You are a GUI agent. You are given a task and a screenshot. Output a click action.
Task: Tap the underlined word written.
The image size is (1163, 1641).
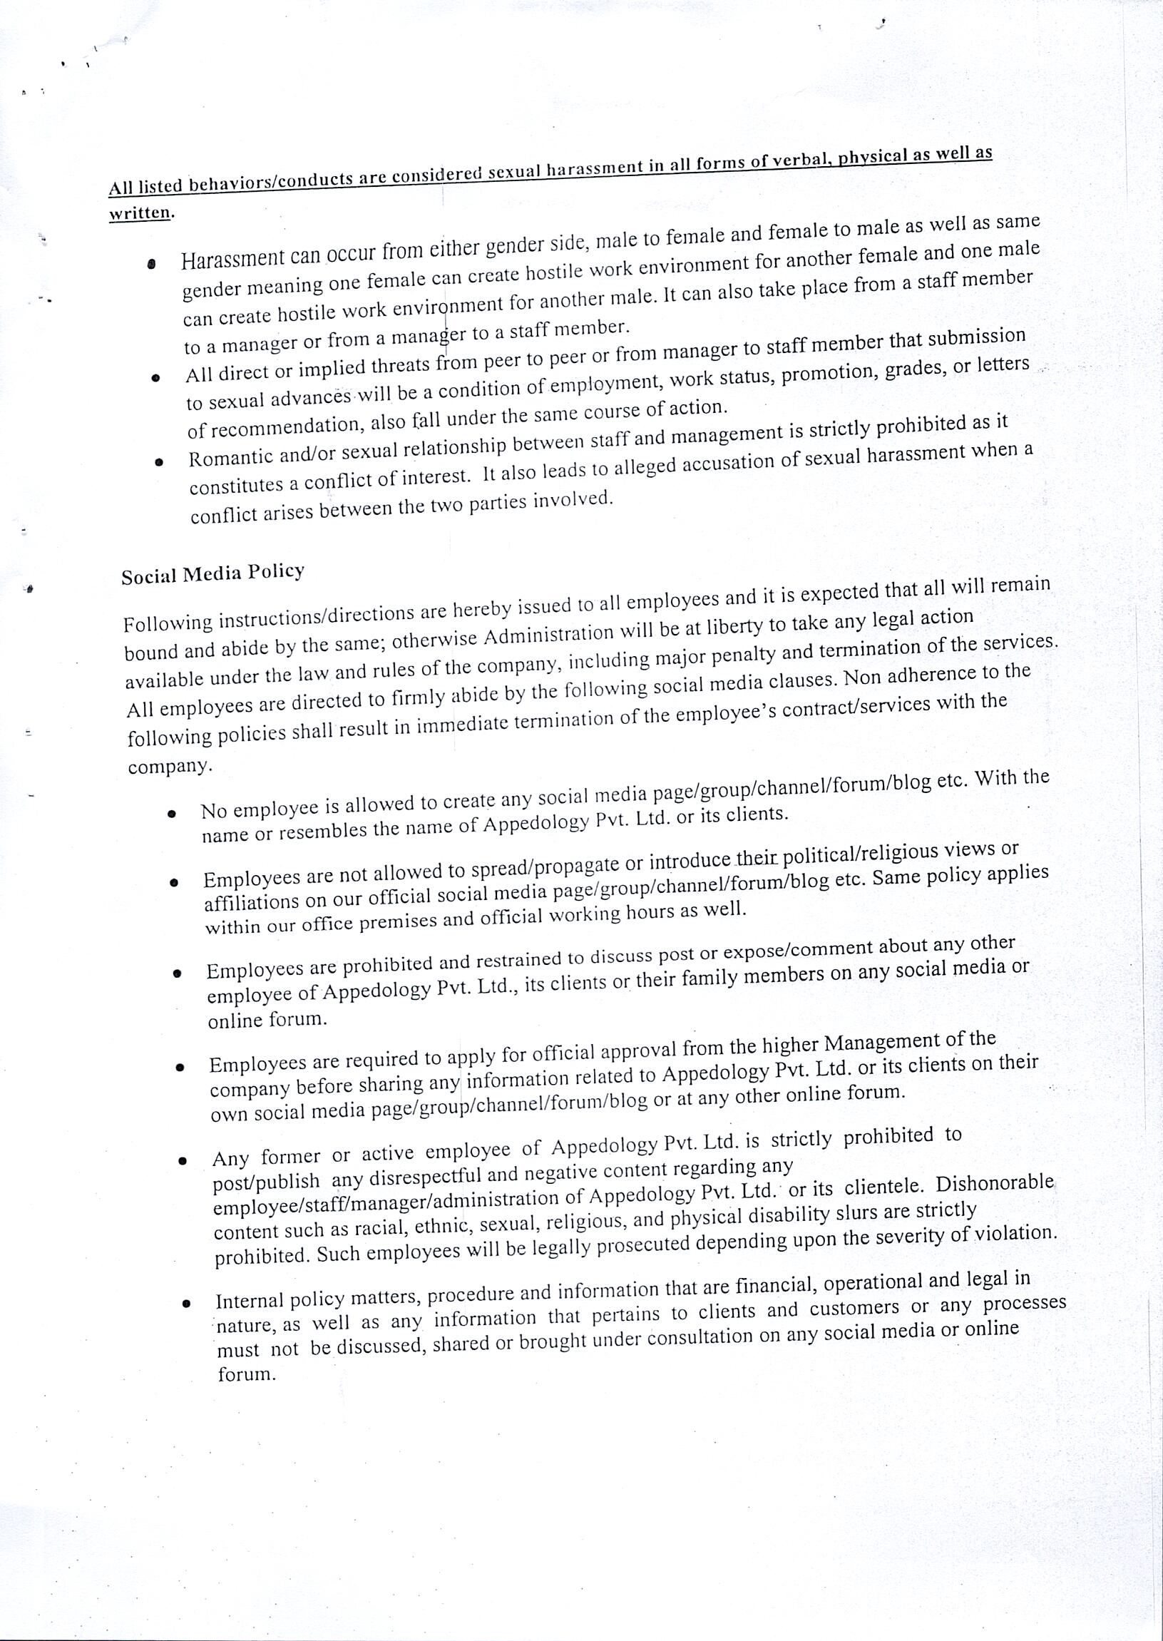(x=140, y=213)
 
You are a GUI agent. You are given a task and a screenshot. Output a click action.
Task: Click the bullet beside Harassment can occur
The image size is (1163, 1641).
(x=151, y=265)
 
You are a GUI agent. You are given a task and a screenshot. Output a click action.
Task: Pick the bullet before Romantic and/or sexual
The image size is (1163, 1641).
(x=158, y=462)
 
